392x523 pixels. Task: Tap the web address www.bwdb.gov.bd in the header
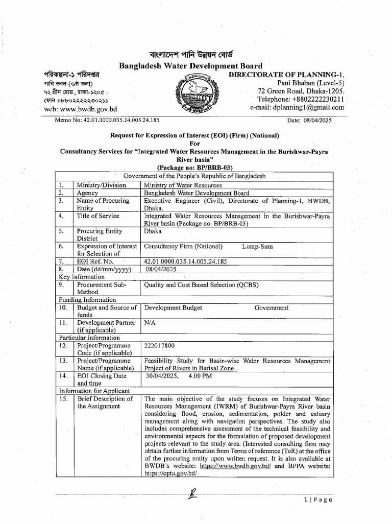[88, 109]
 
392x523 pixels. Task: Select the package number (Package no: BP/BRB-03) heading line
[195, 168]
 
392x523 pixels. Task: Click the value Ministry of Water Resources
[183, 185]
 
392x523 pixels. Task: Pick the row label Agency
[87, 193]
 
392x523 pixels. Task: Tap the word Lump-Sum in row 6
[257, 246]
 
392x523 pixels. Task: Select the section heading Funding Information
[87, 300]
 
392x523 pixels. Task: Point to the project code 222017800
[160, 346]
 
